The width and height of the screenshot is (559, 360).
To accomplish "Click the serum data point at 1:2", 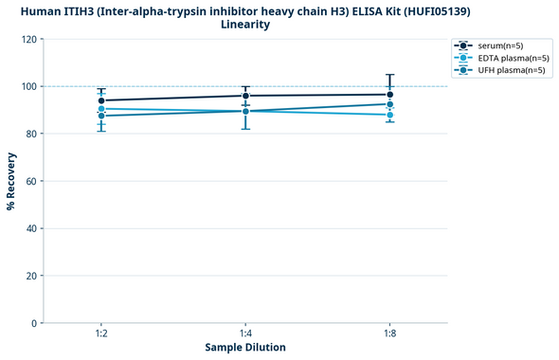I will [x=101, y=100].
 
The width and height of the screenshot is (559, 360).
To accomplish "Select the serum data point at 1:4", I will [x=245, y=96].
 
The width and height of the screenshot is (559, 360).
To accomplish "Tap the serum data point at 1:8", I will [x=389, y=95].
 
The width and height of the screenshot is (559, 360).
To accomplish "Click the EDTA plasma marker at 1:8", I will [x=389, y=115].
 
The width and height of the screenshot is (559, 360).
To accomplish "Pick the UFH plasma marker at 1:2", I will [x=101, y=116].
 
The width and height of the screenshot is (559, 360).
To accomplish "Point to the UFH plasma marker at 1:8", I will [x=389, y=104].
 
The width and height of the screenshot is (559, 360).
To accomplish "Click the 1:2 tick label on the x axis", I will [x=101, y=334].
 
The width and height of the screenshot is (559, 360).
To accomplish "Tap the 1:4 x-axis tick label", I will [x=245, y=334].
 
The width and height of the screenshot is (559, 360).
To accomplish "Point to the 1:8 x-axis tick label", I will [x=389, y=334].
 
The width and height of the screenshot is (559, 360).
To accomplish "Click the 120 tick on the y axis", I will [x=28, y=39].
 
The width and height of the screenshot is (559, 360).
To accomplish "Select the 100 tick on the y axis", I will [x=28, y=86].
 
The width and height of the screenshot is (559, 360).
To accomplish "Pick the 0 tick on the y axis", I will [x=34, y=323].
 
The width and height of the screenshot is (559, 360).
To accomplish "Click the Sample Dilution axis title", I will [x=245, y=348].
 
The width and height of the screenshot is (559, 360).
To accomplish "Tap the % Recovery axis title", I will [x=11, y=181].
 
